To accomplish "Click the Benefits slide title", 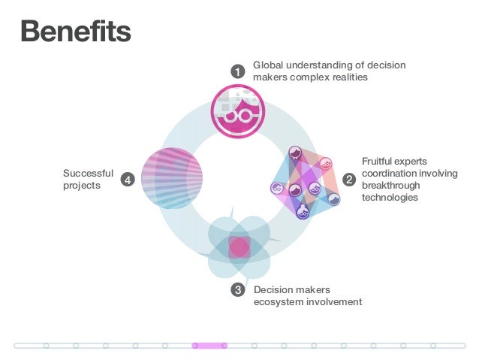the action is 75,31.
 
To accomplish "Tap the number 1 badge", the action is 237,71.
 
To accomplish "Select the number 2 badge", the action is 349,180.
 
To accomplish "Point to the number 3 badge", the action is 238,290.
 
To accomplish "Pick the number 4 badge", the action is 128,180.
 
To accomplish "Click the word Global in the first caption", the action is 267,65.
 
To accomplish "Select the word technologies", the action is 390,198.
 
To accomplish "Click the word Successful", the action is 88,174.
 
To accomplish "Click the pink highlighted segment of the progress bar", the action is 209,346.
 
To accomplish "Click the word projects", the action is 81,186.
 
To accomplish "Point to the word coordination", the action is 390,174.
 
